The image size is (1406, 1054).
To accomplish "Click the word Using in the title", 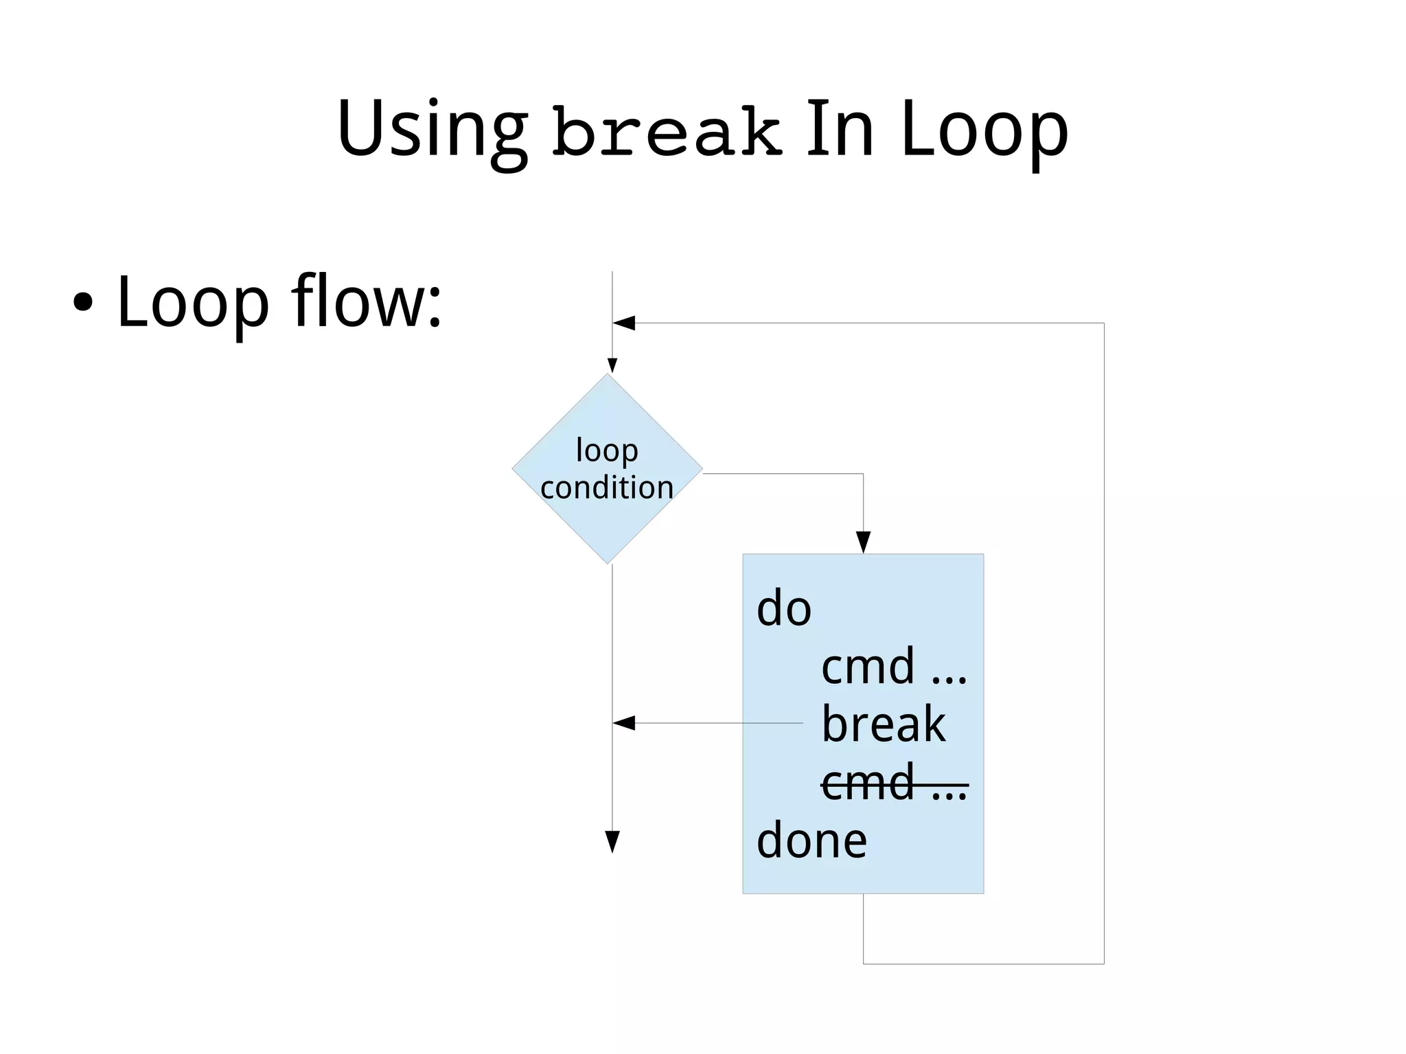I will pos(433,130).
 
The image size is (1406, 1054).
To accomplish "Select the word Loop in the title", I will pos(984,130).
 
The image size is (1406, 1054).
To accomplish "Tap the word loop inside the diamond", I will pos(607,451).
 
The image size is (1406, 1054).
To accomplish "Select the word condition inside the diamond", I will pos(607,488).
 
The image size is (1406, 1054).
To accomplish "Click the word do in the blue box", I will pos(783,608).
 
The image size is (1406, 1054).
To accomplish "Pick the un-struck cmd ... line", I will pos(893,666).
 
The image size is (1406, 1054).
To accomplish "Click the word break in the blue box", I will pos(884,724).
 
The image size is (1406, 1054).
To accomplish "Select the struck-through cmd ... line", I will pos(893,783).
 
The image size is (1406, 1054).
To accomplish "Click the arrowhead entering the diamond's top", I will pos(612,365).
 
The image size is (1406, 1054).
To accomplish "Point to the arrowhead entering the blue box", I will pos(863,542).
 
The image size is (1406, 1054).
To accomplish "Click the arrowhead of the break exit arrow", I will pos(623,723).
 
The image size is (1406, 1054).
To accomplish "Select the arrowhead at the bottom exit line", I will pos(612,841).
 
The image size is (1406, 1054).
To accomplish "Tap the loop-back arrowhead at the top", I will pos(623,323).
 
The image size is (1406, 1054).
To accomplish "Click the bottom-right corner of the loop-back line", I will pos(1104,964).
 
